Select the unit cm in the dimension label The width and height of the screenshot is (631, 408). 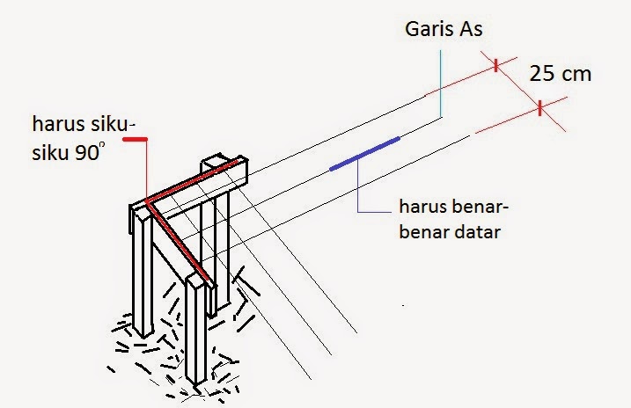576,74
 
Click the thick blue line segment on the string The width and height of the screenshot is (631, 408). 364,153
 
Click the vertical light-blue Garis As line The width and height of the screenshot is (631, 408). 440,79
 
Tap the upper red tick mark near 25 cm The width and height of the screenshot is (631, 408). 496,64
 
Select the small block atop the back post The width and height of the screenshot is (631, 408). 216,164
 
